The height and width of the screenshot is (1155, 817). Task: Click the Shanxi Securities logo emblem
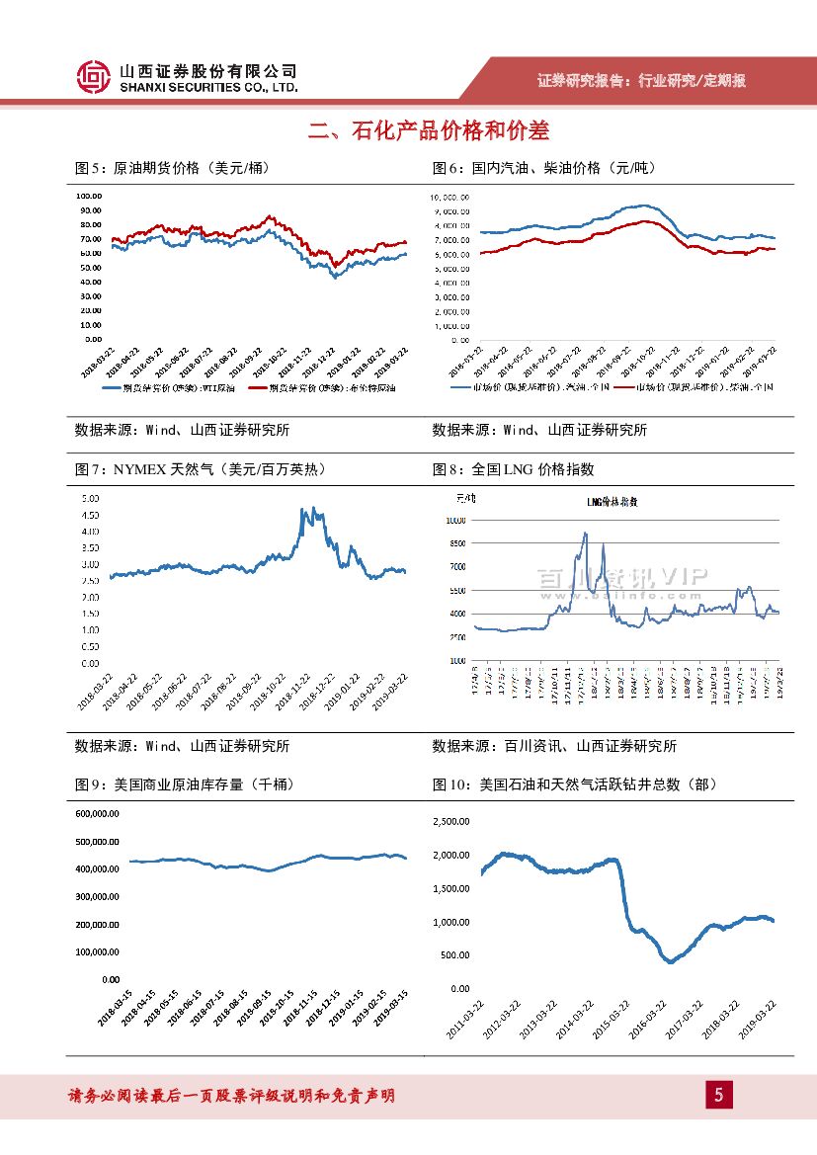[x=93, y=77]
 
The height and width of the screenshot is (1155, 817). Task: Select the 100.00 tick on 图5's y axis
[x=90, y=196]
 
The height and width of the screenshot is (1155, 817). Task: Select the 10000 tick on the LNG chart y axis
[x=455, y=521]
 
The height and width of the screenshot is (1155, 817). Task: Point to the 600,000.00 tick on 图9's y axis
[x=96, y=814]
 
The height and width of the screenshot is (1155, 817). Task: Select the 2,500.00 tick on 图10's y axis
[x=450, y=821]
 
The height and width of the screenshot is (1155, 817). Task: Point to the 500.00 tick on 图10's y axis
[x=454, y=955]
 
